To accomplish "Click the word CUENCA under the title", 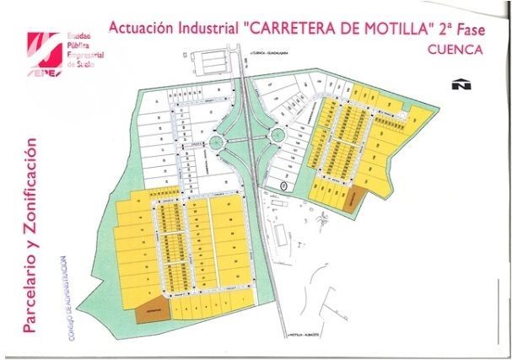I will click(455, 49).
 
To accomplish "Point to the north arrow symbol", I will click(461, 84).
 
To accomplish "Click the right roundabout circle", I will click(275, 135).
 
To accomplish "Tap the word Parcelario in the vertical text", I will click(33, 283).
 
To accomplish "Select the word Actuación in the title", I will click(138, 26).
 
